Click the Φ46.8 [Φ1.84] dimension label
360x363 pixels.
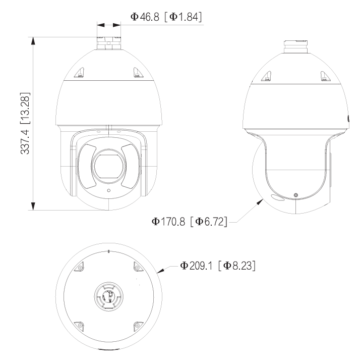(x=166, y=17)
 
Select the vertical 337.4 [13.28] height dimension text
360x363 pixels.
(x=24, y=123)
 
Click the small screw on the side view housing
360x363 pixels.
(x=295, y=195)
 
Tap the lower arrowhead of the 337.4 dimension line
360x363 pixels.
(x=34, y=206)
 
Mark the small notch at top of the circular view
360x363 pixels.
(x=109, y=250)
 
